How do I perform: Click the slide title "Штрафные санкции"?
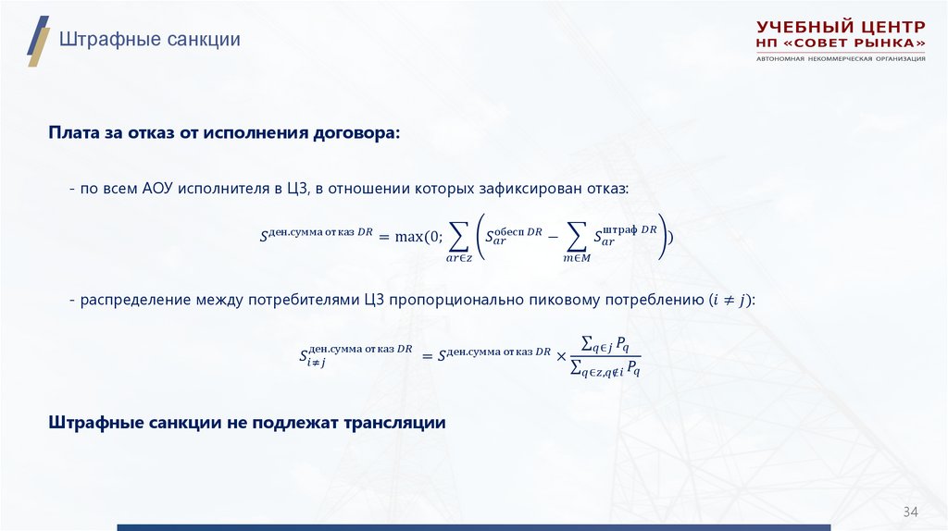coord(150,40)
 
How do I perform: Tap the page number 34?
coord(910,512)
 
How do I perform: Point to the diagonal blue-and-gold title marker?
coord(38,41)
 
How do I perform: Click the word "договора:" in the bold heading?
coord(363,133)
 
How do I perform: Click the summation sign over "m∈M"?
coord(576,238)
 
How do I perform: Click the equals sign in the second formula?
coord(427,354)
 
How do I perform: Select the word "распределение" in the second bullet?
coord(136,300)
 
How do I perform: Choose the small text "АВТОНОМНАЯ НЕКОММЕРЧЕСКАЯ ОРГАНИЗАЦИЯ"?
coord(841,59)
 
